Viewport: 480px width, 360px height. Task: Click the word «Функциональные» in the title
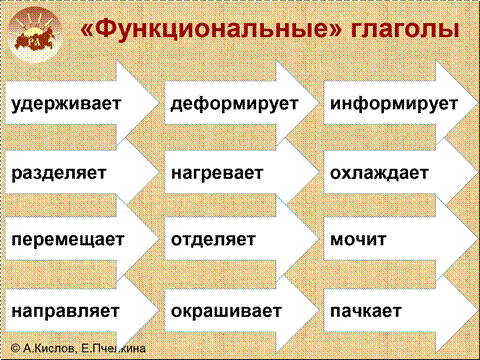211,28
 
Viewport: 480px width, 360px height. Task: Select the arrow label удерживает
66,104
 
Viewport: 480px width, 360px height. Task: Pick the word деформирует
234,104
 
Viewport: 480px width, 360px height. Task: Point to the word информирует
394,104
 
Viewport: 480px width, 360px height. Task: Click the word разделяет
59,173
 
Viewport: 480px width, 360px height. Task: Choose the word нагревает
217,173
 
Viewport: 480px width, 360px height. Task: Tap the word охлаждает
379,173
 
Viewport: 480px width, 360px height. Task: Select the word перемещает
68,239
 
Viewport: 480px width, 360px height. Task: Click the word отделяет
213,239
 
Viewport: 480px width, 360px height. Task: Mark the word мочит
358,239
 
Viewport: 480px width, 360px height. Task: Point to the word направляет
65,311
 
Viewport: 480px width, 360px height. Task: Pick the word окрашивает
226,311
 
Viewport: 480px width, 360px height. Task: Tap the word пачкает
365,311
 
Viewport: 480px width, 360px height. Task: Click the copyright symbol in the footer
15,348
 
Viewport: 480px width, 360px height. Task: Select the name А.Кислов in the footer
49,348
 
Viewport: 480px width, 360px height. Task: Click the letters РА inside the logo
33,42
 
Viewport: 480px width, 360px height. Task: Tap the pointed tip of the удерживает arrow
159,104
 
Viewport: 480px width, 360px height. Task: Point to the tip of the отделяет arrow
318,239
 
